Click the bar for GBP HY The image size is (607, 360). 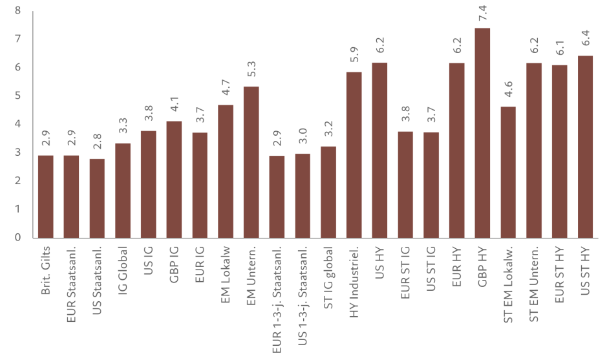(483, 132)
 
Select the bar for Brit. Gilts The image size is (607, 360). (46, 196)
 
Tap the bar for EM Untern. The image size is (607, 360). (251, 162)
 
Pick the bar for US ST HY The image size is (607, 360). (585, 146)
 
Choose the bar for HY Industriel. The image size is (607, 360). (354, 154)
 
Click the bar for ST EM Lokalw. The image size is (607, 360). (509, 171)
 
